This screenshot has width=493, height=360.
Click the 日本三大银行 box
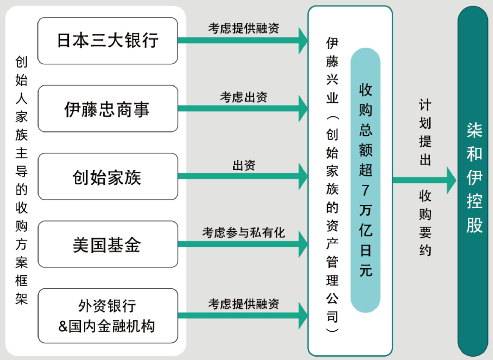pos(107,41)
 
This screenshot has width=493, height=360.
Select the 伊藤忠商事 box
pos(107,109)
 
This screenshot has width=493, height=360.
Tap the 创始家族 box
pos(107,177)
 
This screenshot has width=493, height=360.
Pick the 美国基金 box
pos(107,245)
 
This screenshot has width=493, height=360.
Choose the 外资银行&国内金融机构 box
pos(107,316)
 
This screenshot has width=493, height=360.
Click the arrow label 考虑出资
pos(243,97)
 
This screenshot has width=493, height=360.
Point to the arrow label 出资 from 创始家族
pos(243,165)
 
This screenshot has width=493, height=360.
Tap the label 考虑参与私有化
pos(243,233)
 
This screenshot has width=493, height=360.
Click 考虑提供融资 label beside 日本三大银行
pos(243,28)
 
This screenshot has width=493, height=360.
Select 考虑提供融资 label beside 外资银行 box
pos(243,304)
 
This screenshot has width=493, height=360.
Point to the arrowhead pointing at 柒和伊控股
pos(451,180)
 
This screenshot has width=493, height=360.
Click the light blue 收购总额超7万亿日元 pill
pos(365,180)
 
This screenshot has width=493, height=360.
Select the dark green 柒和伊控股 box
pos(475,180)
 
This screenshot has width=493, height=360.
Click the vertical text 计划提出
pos(425,132)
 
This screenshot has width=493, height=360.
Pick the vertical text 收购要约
pos(425,223)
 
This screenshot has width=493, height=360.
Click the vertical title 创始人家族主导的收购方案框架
pos(21,180)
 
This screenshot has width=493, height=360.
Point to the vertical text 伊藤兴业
pos(332,71)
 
